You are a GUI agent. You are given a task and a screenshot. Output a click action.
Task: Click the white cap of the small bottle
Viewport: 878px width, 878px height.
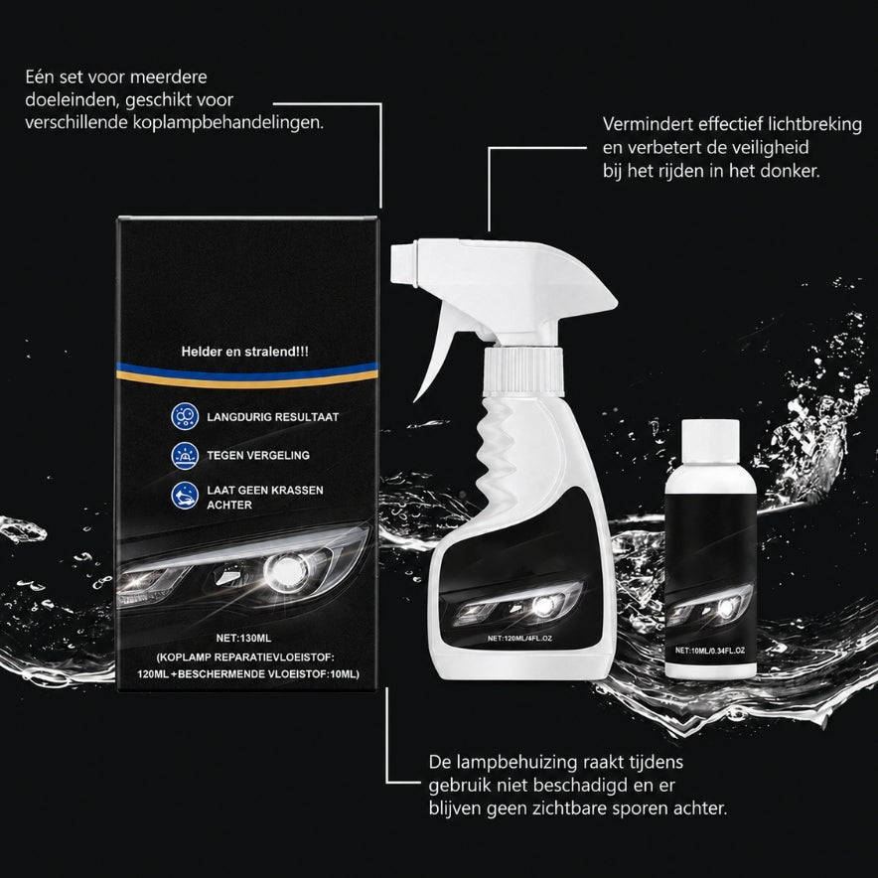pos(710,441)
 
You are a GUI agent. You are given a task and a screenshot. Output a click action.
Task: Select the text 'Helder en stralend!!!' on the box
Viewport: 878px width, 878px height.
pos(244,352)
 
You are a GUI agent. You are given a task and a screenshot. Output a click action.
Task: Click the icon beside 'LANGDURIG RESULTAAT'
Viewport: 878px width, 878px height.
pos(185,416)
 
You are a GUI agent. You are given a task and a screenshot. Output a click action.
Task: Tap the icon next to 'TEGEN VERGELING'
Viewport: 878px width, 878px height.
pos(185,455)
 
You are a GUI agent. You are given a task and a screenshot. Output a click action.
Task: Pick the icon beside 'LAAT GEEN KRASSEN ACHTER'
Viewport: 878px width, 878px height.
pos(185,497)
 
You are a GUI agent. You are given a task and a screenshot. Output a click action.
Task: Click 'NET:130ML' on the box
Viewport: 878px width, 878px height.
pos(243,638)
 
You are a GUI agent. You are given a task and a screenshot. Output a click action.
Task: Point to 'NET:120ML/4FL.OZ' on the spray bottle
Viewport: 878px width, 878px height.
pos(520,638)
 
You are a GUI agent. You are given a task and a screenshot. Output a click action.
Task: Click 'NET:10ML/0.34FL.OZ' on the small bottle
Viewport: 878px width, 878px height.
pos(710,651)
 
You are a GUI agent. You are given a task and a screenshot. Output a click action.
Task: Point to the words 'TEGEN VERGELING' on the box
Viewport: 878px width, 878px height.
pos(258,455)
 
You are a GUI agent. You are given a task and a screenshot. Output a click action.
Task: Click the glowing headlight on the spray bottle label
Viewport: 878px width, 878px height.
pos(542,605)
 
